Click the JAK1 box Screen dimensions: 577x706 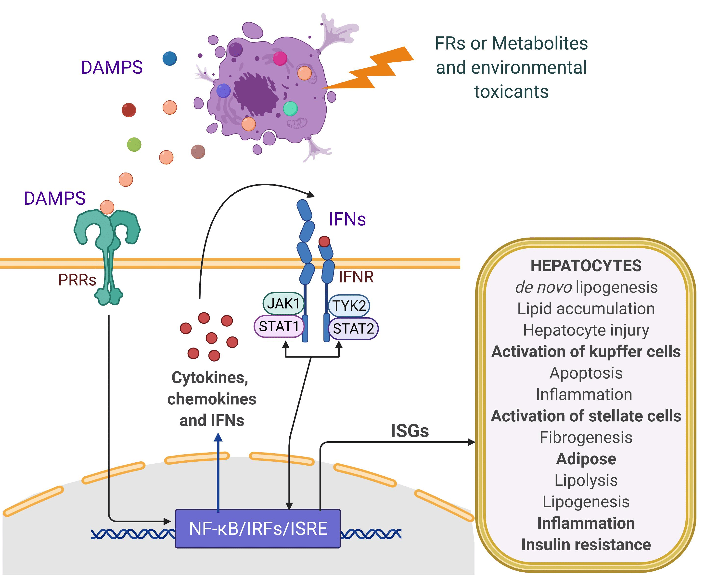tap(283, 303)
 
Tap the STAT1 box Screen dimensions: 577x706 tap(279, 327)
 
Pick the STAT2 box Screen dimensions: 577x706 tap(353, 329)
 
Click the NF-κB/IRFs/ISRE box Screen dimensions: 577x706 tap(258, 528)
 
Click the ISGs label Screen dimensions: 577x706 tap(410, 431)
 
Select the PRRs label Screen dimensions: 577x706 tap(77, 280)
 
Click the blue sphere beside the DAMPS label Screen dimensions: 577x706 tap(170, 58)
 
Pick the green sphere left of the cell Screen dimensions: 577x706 tap(134, 144)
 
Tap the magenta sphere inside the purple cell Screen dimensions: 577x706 tap(280, 58)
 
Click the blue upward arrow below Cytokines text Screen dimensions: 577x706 tap(218, 472)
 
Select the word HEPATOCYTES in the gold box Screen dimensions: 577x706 tap(586, 266)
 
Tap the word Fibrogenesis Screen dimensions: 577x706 tap(586, 437)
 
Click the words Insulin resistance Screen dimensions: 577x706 tap(586, 545)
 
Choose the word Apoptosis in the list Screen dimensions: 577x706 tap(586, 373)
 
